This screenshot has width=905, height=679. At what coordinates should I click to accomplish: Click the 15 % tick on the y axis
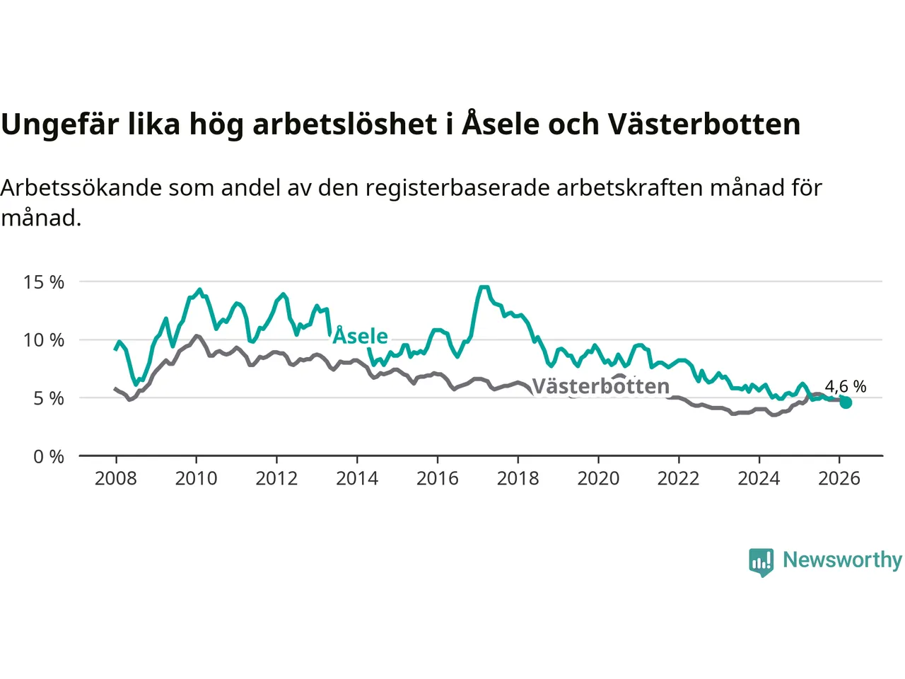[44, 282]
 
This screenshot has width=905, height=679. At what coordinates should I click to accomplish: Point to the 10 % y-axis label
[44, 340]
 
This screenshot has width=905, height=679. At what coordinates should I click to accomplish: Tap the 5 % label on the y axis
[49, 398]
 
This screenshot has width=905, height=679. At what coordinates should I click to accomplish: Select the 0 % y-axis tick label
[49, 457]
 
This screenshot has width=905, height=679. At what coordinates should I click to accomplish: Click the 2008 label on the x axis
[116, 479]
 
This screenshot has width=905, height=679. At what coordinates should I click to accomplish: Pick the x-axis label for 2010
[196, 479]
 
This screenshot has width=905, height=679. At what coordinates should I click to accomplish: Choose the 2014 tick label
[357, 479]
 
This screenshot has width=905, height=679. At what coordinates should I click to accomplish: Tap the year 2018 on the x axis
[518, 479]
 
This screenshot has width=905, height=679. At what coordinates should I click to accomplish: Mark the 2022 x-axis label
[678, 479]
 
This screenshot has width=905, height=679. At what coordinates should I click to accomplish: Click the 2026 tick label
[839, 479]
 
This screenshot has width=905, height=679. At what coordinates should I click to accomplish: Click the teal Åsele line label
[361, 336]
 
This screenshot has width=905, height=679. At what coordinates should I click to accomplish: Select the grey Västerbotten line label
[600, 386]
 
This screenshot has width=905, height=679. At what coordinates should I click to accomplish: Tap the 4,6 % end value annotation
[846, 386]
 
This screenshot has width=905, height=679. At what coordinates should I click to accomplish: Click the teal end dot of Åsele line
[846, 402]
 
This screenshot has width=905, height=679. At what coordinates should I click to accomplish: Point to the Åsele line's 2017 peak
[484, 287]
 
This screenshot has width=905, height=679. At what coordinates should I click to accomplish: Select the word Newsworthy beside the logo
[842, 559]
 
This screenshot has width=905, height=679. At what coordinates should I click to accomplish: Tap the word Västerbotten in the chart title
[704, 124]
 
